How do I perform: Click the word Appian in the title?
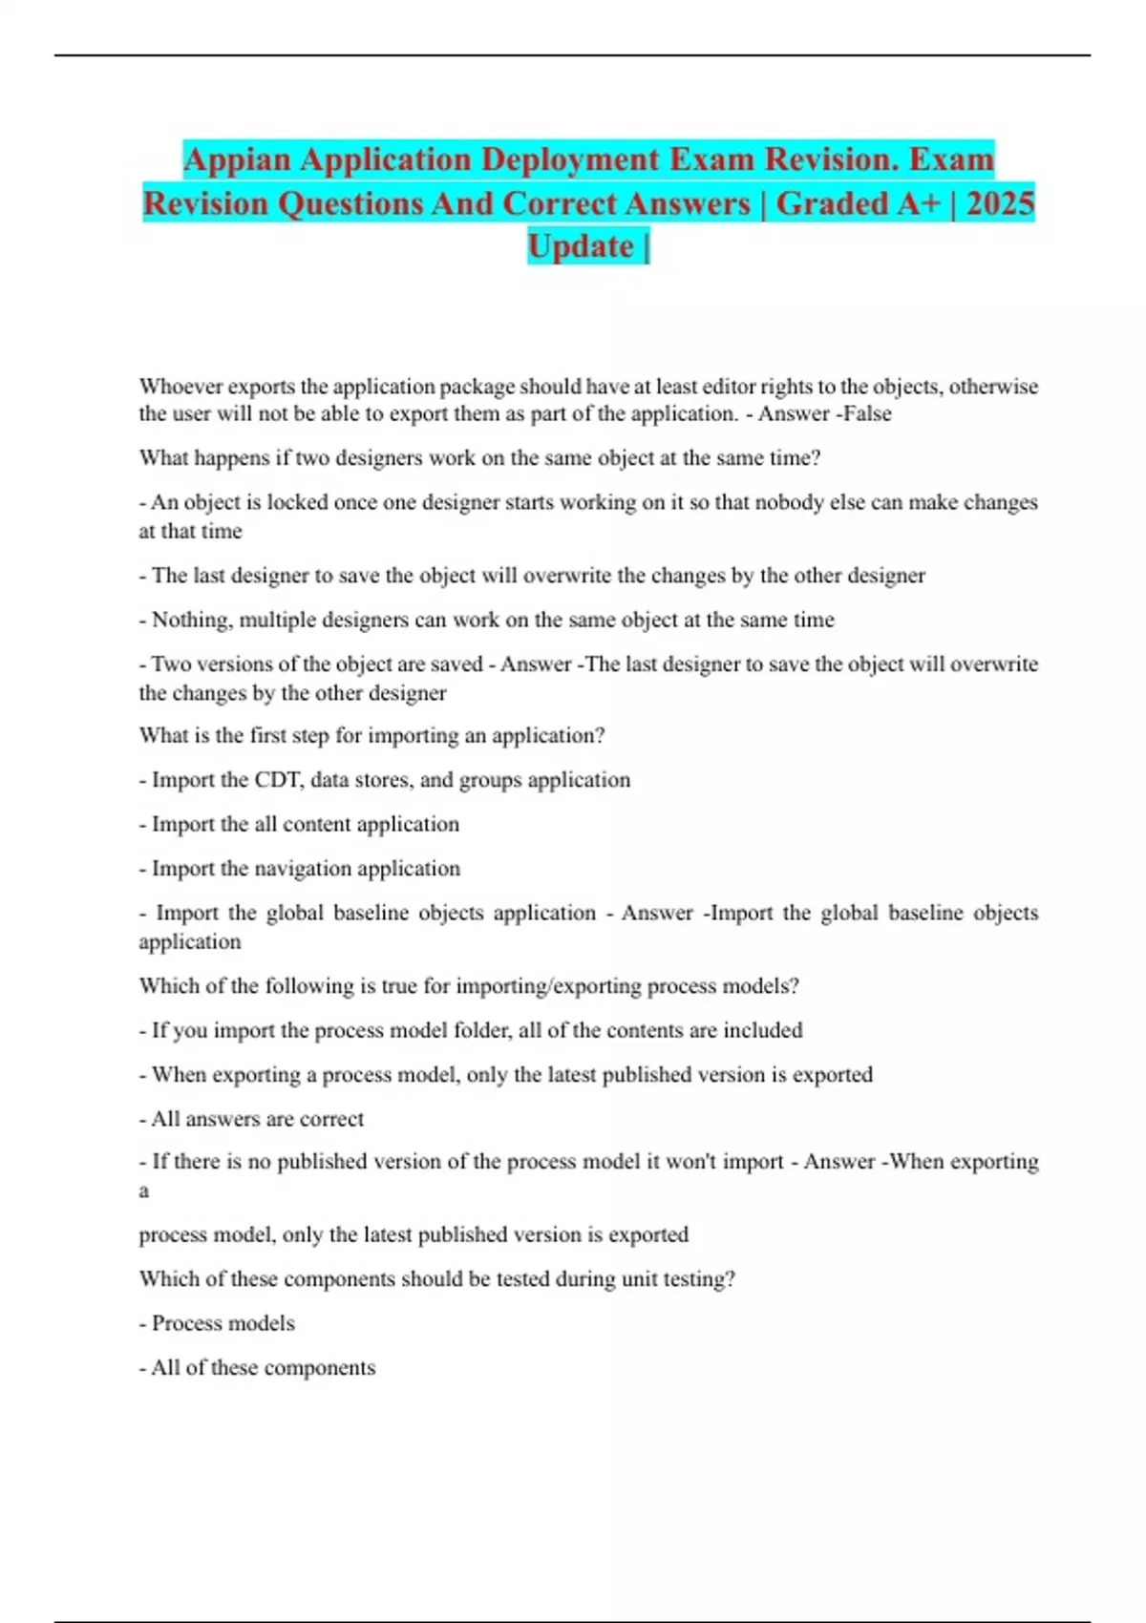click(x=238, y=159)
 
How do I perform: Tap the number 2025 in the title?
click(x=1000, y=203)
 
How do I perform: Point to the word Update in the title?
click(x=581, y=246)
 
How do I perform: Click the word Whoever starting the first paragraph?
click(x=180, y=387)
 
